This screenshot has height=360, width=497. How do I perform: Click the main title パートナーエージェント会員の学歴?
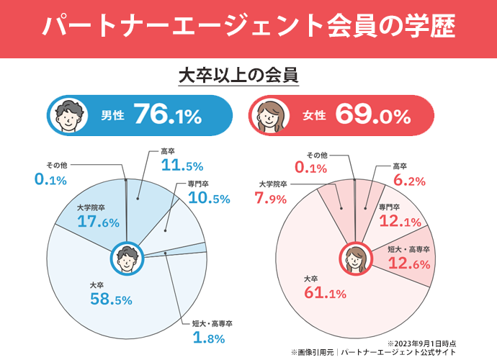coord(248,27)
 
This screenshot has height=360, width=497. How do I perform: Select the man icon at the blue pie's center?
coord(127,259)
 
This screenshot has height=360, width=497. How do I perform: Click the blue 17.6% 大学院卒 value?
coord(98,222)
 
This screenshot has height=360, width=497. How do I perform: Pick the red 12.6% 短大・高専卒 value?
coord(408,264)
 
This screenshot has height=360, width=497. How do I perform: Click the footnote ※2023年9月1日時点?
coord(421,343)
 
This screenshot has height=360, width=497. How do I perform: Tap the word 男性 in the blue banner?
coord(113,115)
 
